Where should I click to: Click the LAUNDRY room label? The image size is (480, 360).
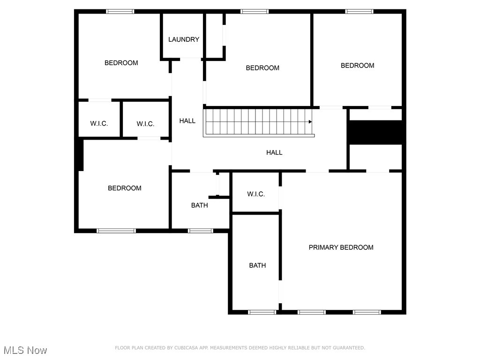pos(184,39)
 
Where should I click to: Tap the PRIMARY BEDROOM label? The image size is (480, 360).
pos(341,247)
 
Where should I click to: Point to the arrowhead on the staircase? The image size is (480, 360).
pos(310,122)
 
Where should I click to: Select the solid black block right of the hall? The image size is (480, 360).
pos(376,132)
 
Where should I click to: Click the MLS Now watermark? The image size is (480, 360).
pos(25,350)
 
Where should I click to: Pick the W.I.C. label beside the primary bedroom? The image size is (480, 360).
pos(256,194)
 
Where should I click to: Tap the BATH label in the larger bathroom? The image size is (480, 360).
pos(257,265)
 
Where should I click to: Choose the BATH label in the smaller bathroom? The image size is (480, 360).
pos(199,205)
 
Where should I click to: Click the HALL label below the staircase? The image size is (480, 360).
pos(274,152)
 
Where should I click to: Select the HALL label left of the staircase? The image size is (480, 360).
pos(187,121)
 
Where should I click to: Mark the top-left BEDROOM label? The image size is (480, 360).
pos(121,63)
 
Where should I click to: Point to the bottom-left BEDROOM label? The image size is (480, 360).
pos(124,188)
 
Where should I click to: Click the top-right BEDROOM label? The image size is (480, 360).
pos(357,66)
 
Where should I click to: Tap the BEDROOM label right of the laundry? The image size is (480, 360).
pos(262,68)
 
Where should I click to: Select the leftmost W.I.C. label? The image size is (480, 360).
pos(99,124)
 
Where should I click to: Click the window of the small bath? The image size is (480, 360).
pos(200,230)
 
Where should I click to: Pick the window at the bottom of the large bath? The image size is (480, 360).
pos(262,312)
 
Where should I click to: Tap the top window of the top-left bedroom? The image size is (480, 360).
pos(120,11)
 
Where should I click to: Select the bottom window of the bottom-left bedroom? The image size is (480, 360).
pos(116,230)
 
